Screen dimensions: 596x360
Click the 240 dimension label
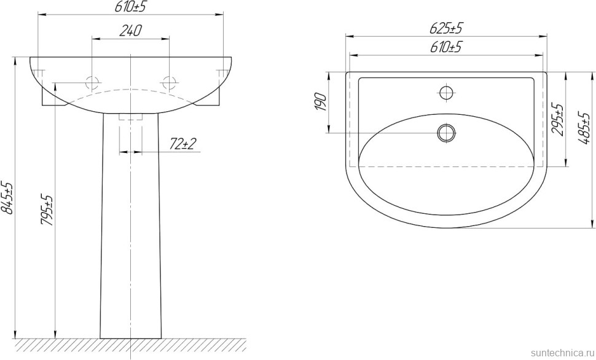(x=130, y=31)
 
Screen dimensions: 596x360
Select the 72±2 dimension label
(x=182, y=144)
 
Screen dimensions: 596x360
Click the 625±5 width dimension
(x=446, y=28)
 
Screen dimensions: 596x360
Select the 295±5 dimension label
(x=558, y=119)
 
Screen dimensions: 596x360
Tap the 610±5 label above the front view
(x=130, y=7)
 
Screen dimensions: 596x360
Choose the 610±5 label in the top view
(x=446, y=47)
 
